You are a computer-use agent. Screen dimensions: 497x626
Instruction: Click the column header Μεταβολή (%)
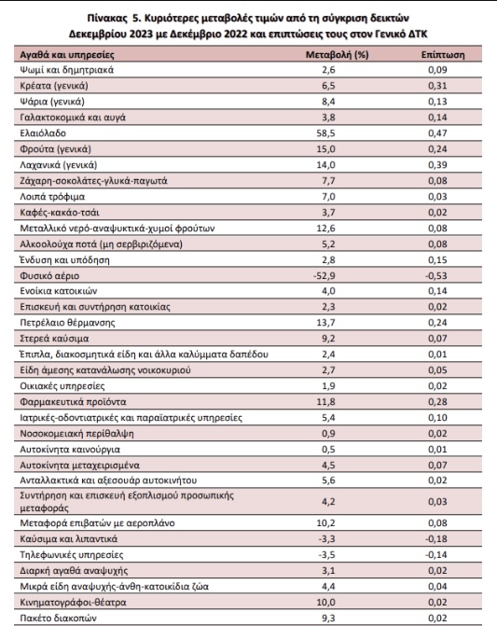[x=337, y=55]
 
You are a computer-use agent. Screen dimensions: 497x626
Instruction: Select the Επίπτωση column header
[x=443, y=55]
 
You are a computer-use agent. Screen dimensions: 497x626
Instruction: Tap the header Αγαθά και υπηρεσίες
[x=67, y=55]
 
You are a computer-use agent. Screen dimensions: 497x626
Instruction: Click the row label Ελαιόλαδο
[x=43, y=133]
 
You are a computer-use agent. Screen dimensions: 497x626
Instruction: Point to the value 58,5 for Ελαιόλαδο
[x=325, y=133]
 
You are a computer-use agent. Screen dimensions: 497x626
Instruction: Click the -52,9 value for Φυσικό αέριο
[x=324, y=275]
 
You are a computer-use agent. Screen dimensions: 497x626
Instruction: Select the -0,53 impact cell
[x=436, y=275]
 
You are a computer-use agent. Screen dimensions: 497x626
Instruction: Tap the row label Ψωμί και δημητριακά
[x=67, y=70]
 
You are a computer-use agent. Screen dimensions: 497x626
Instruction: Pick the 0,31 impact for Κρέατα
[x=437, y=86]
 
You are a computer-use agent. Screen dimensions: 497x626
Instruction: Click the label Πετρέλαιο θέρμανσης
[x=67, y=323]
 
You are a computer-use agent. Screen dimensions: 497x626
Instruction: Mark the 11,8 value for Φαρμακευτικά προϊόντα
[x=325, y=402]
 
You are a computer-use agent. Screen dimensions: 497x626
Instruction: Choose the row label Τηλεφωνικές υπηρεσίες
[x=72, y=554]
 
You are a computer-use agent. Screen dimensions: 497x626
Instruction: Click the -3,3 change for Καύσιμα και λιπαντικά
[x=326, y=539]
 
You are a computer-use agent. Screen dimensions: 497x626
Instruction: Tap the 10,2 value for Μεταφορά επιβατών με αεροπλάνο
[x=325, y=523]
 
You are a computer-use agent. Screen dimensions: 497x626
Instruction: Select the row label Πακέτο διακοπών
[x=58, y=618]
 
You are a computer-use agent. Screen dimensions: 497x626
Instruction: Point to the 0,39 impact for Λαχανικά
[x=437, y=164]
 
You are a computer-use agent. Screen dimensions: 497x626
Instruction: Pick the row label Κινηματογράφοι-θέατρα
[x=73, y=602]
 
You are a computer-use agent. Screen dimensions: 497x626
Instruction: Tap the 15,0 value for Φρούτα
[x=325, y=149]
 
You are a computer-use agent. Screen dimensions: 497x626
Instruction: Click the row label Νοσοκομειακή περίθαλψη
[x=77, y=434]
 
